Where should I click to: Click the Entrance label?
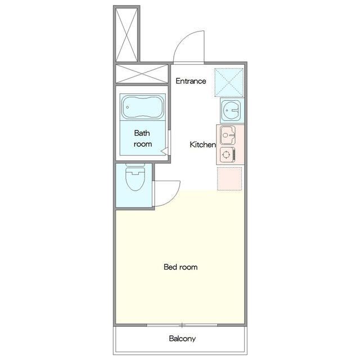(x=191, y=81)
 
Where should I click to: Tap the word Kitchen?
(x=202, y=145)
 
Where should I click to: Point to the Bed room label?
(x=181, y=267)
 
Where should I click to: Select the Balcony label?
(x=182, y=339)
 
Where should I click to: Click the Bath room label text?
(x=142, y=138)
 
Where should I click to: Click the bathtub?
(x=142, y=107)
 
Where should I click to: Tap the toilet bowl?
(x=135, y=179)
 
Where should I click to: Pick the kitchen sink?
(x=228, y=135)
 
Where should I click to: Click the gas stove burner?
(x=226, y=155)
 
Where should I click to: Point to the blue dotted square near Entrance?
(x=229, y=83)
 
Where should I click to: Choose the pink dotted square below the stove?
(x=229, y=179)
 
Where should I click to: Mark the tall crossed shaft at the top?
(x=127, y=35)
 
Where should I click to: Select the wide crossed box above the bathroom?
(x=142, y=74)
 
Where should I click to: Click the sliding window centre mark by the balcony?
(x=182, y=325)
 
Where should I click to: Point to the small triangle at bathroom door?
(x=164, y=152)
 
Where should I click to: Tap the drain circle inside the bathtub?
(x=128, y=107)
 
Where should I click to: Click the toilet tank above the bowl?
(x=135, y=165)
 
